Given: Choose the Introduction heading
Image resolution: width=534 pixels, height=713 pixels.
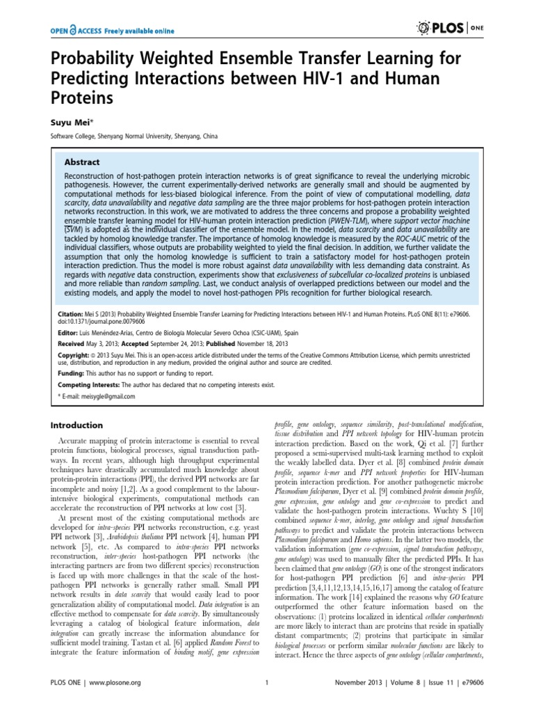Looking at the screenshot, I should click(78, 425).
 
